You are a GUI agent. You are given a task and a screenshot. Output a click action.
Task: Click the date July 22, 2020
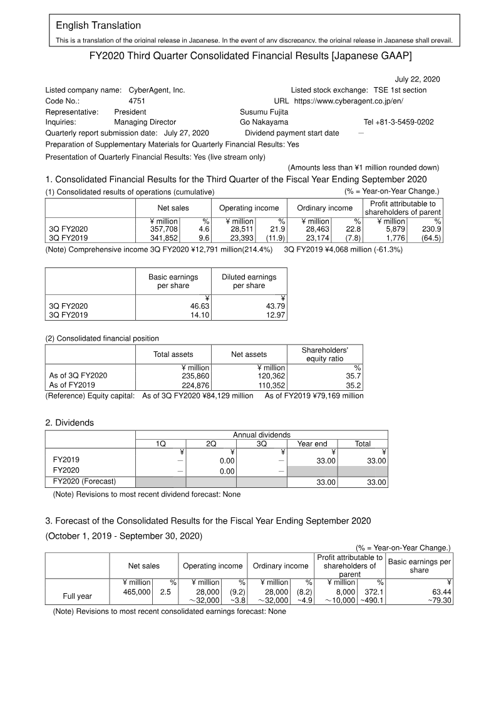click(x=417, y=79)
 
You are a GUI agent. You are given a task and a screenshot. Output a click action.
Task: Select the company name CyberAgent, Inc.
click(x=157, y=90)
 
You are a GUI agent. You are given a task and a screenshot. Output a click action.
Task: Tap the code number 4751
click(x=137, y=101)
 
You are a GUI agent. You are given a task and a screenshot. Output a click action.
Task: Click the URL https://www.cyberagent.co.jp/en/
click(x=349, y=101)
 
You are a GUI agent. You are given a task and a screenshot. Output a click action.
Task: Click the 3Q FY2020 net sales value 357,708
click(x=165, y=229)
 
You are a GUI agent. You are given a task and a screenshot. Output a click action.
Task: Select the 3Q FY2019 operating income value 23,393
click(x=240, y=238)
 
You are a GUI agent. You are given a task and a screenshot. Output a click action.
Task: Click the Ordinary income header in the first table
click(x=324, y=208)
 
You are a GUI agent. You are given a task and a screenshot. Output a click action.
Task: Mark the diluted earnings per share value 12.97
click(x=273, y=316)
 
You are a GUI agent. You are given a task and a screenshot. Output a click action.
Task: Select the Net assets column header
click(x=249, y=354)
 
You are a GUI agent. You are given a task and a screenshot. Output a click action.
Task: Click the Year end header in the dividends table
click(x=312, y=443)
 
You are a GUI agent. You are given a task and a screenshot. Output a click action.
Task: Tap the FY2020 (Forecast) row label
click(x=85, y=482)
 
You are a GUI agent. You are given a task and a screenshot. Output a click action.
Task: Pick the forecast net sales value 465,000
click(x=137, y=591)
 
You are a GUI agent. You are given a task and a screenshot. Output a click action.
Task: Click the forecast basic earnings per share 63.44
click(x=438, y=591)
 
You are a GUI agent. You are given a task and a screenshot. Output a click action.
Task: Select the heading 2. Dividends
click(x=70, y=423)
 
